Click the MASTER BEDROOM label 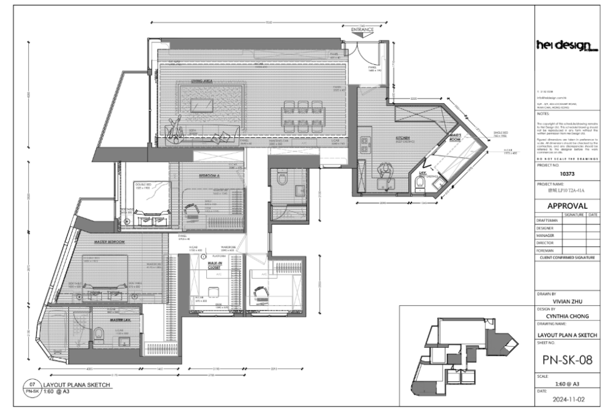(x=109, y=242)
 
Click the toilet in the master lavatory (x=100, y=333)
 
